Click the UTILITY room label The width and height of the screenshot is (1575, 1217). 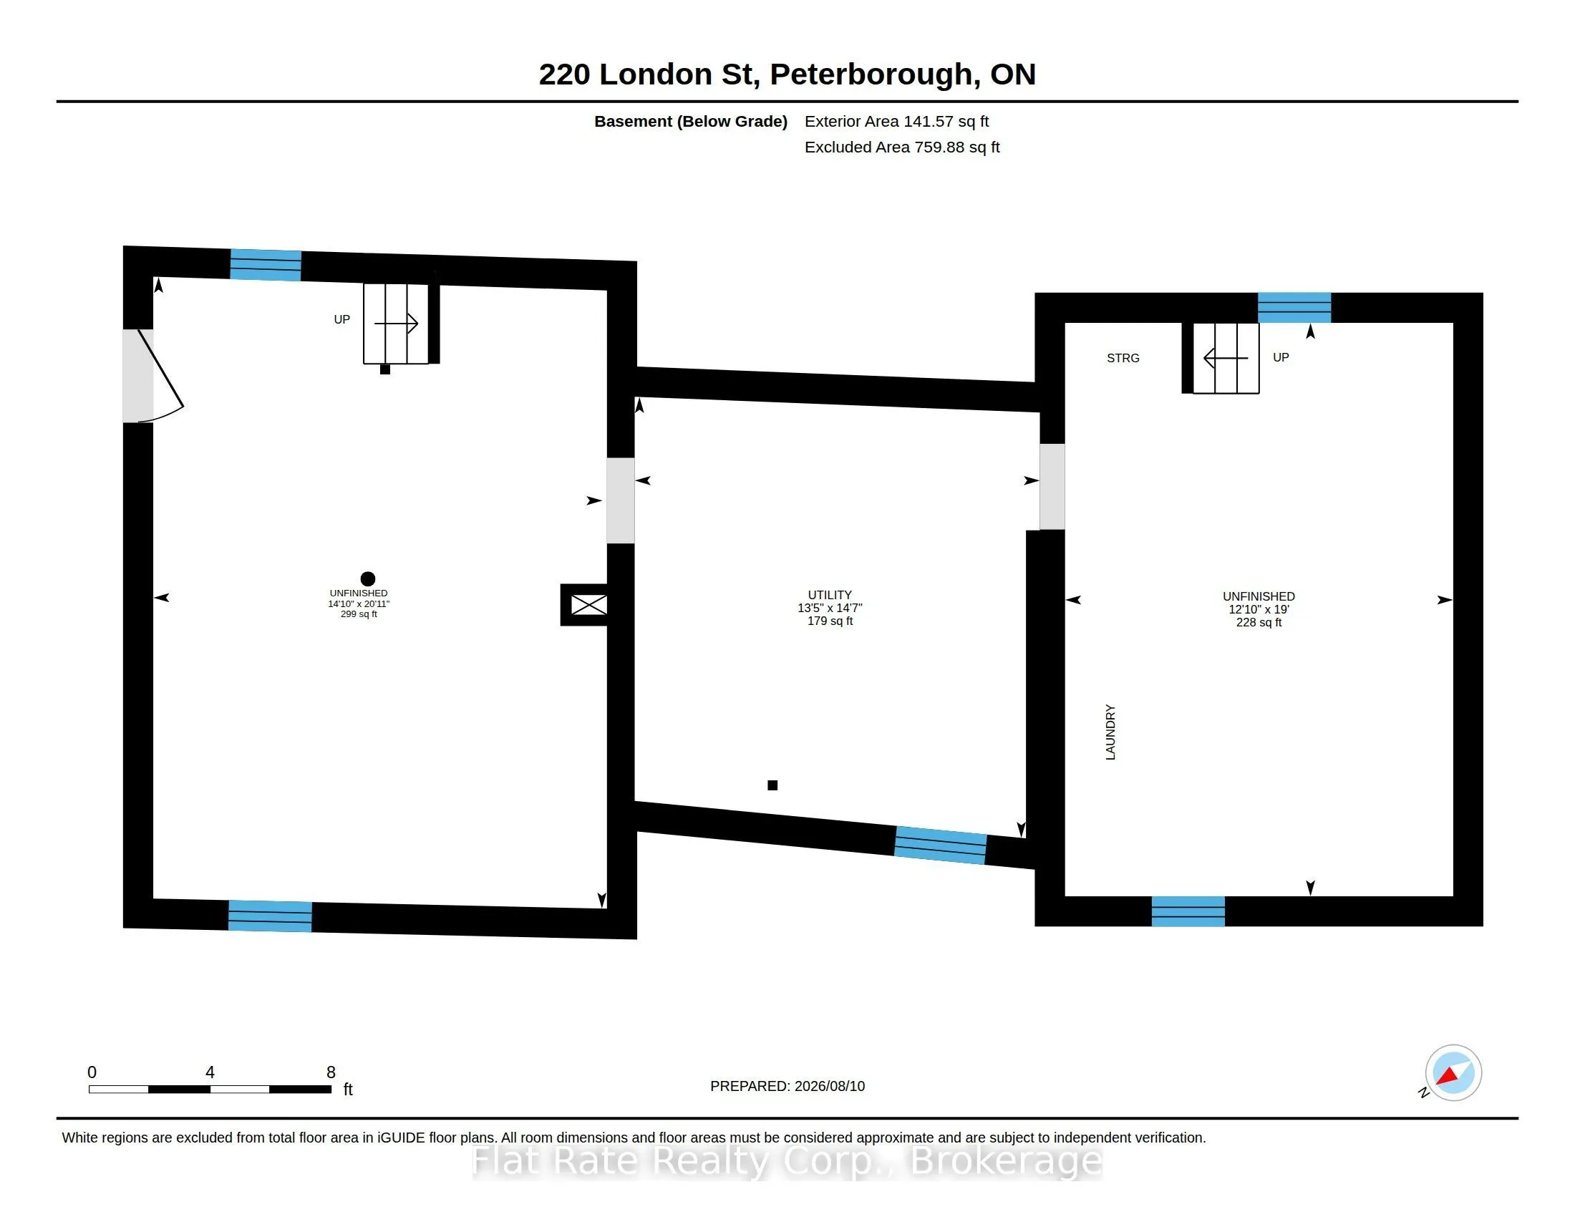point(829,595)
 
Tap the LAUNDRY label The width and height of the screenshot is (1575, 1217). point(1110,732)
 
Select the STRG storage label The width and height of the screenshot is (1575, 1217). point(1123,358)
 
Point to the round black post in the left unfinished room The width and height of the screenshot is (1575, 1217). point(368,578)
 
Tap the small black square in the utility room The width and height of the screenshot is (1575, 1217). point(772,785)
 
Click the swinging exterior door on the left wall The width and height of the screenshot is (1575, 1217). point(160,376)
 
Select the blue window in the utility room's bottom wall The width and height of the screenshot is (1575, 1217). point(941,845)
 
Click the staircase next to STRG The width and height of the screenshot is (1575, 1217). point(1226,358)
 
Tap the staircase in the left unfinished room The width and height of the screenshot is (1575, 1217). point(395,323)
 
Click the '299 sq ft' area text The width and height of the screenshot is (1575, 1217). point(359,614)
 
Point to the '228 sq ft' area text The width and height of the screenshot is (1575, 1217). point(1259,622)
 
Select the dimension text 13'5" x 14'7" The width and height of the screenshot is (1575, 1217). point(829,608)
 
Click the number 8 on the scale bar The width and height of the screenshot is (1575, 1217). point(331,1072)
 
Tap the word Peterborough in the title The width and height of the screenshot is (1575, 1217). point(871,75)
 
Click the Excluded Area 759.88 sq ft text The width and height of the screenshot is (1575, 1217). point(902,147)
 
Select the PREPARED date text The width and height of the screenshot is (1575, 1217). point(787,1086)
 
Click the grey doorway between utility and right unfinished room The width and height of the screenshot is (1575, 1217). point(1052,487)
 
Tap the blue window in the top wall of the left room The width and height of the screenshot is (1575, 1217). point(266,265)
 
